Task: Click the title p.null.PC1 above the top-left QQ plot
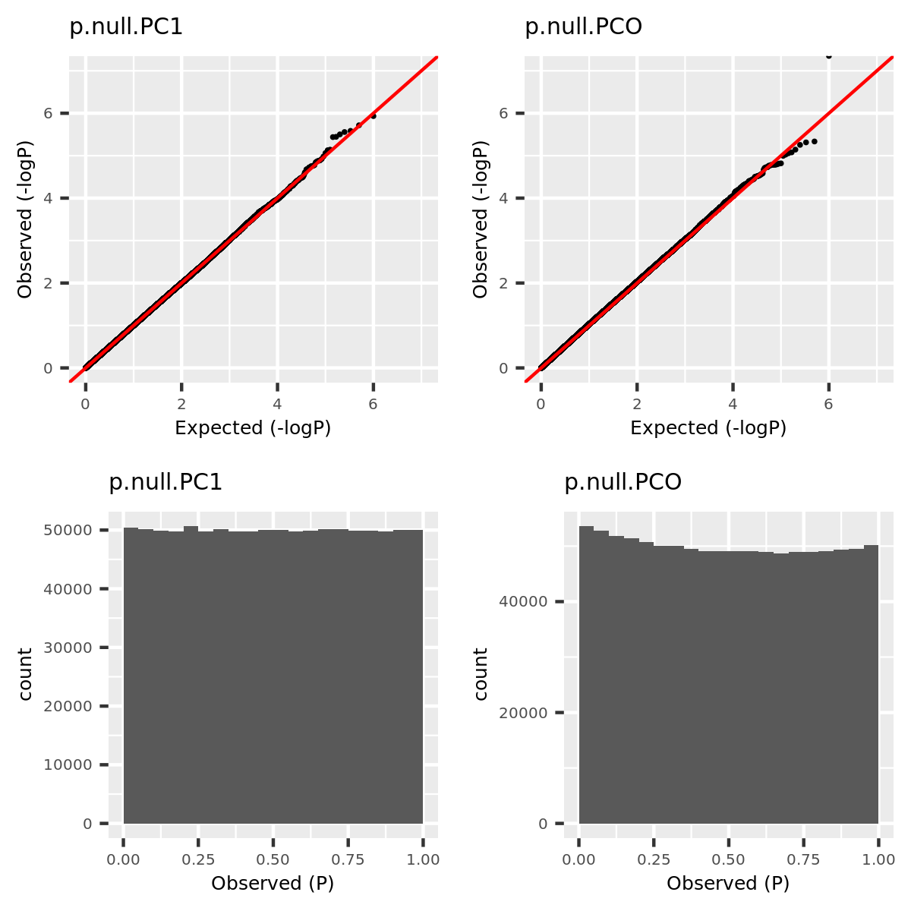point(126,27)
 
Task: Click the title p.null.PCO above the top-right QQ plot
point(583,27)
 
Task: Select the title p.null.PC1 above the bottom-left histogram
point(165,483)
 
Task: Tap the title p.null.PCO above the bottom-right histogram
point(623,483)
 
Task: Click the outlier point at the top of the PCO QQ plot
point(828,55)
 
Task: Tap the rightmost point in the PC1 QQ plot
point(373,115)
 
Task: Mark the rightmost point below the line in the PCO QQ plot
point(814,141)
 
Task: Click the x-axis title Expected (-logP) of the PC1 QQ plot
point(253,428)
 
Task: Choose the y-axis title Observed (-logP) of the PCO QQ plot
point(480,219)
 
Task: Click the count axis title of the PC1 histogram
point(25,674)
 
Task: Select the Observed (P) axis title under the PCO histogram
point(728,884)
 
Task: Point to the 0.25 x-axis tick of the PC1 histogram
point(197,859)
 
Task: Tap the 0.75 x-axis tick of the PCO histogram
point(802,859)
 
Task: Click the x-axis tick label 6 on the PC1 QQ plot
point(373,405)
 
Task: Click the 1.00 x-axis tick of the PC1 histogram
point(423,859)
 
